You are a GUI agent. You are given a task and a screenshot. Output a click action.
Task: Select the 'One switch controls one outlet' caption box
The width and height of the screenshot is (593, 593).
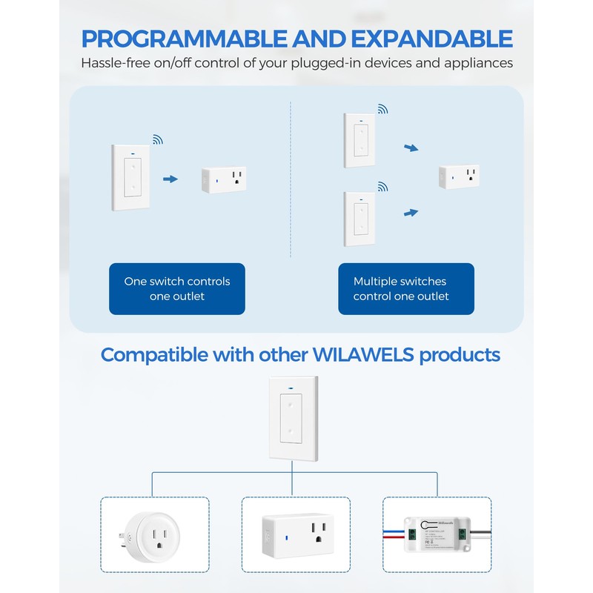[x=176, y=288]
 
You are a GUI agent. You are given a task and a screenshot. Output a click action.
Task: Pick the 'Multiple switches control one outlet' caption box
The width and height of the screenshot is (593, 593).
[x=401, y=288]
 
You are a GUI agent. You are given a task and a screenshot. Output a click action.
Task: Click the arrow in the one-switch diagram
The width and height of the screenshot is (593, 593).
[x=170, y=179]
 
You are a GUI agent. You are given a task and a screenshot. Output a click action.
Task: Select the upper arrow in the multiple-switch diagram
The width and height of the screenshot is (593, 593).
[x=411, y=149]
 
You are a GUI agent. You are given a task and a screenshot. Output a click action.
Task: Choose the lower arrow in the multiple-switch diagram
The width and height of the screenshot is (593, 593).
[x=411, y=213]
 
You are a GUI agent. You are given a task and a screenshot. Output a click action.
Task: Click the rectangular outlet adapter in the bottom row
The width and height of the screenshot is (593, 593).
[x=296, y=534]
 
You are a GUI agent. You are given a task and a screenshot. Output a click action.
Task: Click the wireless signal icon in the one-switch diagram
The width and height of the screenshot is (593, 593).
[x=158, y=139]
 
